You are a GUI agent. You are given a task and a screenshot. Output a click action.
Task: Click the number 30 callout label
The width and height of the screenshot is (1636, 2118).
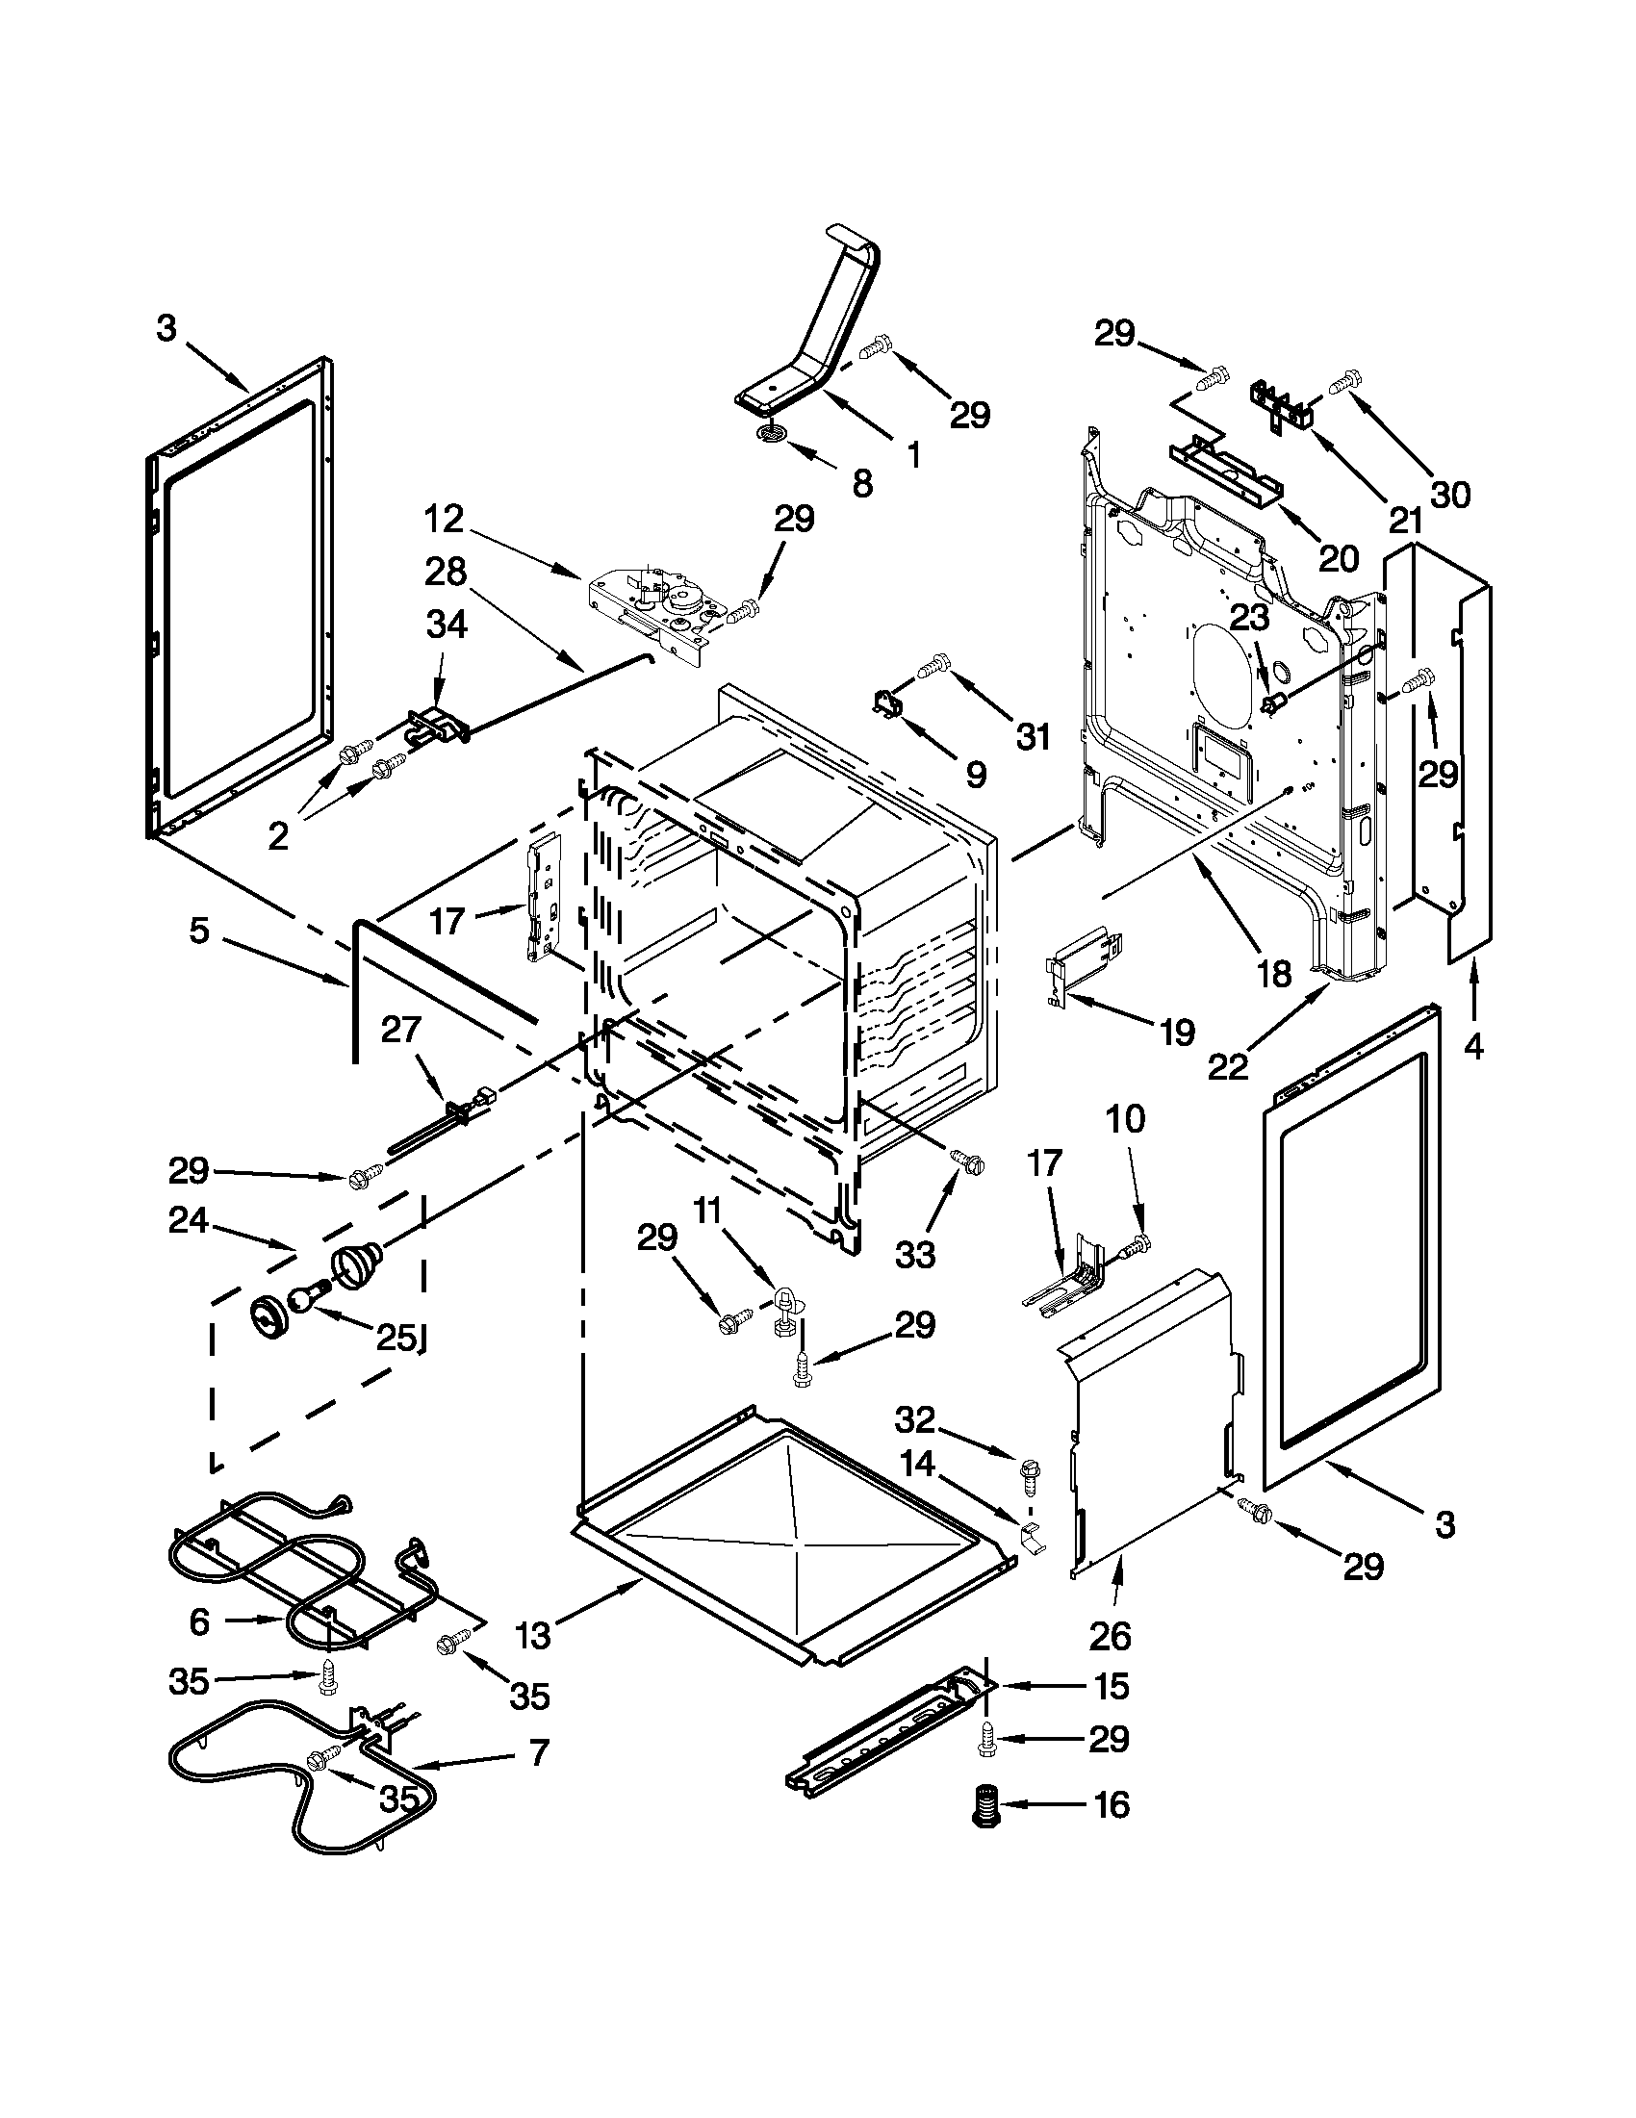pyautogui.click(x=1450, y=495)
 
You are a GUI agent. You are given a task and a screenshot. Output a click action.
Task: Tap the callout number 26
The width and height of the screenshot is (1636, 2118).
pyautogui.click(x=1110, y=1636)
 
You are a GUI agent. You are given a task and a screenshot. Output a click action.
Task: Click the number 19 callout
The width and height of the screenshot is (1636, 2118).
pyautogui.click(x=1176, y=1033)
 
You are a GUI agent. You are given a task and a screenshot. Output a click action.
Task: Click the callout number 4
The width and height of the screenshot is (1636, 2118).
pyautogui.click(x=1473, y=1046)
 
